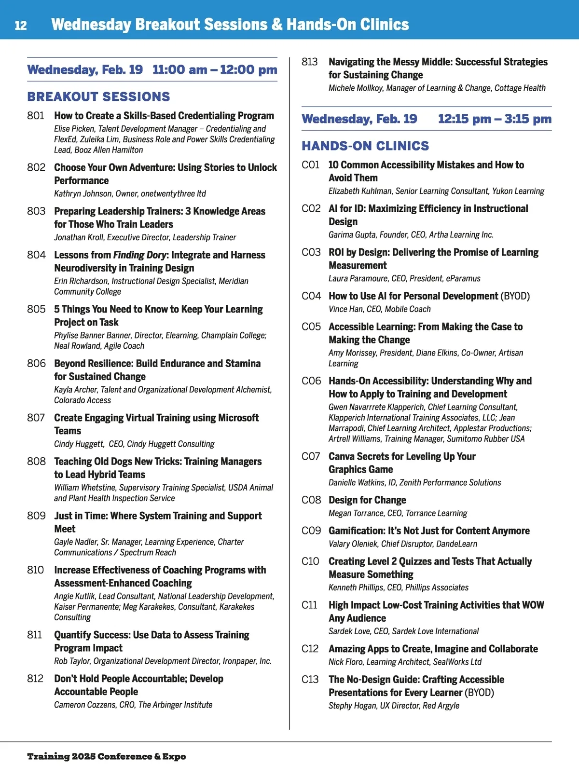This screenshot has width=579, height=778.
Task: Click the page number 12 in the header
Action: coord(21,25)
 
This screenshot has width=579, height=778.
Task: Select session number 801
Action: coord(36,116)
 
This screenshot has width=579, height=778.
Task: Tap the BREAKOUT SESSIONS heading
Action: coord(98,96)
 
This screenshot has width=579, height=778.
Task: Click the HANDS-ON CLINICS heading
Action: coord(365,146)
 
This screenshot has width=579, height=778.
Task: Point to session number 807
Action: coord(36,418)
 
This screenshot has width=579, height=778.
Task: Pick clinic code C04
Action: coord(311,296)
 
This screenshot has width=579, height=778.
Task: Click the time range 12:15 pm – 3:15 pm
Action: coord(495,119)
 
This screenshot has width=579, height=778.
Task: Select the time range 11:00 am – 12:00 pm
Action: coord(215,70)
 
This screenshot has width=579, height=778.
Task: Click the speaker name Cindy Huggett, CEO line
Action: coord(134,444)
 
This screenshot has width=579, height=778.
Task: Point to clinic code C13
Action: coord(310,680)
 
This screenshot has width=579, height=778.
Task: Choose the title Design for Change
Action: coord(367,500)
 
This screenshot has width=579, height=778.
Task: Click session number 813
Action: coord(310,62)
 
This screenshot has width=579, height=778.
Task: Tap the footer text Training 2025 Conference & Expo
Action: coord(106,756)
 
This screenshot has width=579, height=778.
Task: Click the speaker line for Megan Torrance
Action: coord(398,513)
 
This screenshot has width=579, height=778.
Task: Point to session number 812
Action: coord(35,679)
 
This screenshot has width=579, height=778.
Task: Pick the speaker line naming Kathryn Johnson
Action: coord(130,193)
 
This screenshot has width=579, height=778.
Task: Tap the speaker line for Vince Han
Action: coord(379,309)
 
